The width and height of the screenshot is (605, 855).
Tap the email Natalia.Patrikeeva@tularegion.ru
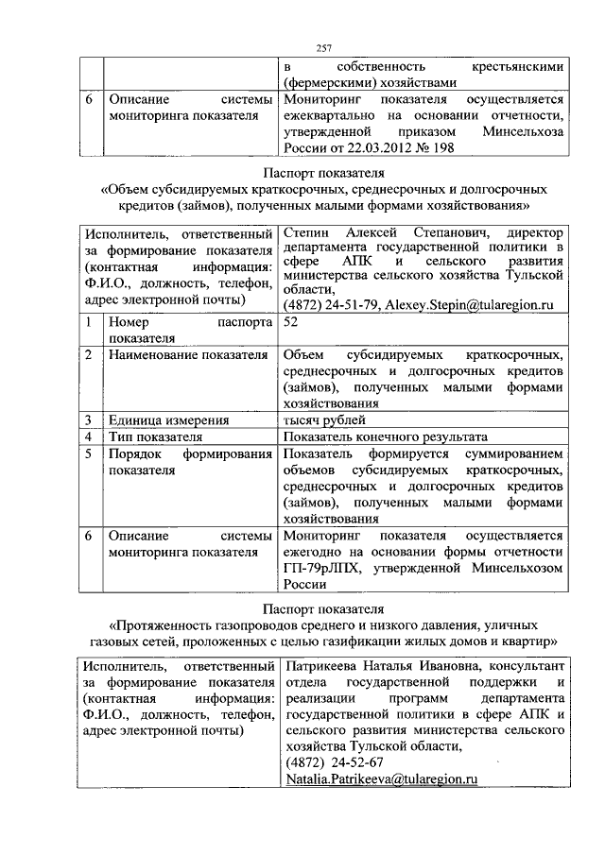coord(378,779)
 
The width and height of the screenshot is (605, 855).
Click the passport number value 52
coord(290,323)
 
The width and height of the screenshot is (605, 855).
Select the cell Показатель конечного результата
coord(384,437)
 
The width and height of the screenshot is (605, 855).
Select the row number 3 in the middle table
coord(88,420)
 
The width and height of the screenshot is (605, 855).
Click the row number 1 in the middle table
coord(88,323)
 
